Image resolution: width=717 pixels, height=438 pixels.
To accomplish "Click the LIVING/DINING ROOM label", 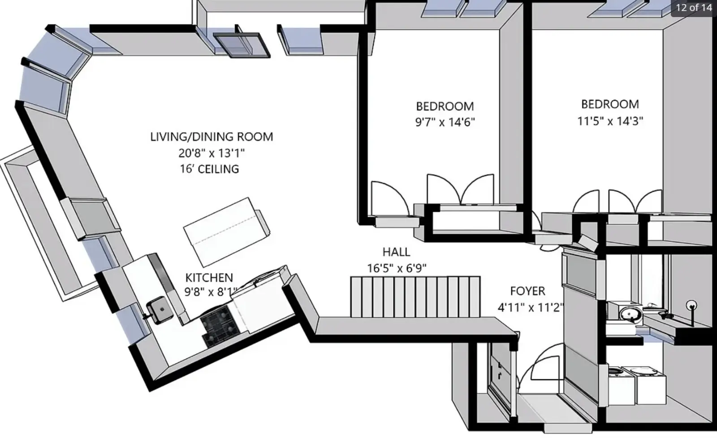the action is pyautogui.click(x=212, y=137).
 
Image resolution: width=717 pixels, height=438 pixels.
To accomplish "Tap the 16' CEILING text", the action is pyautogui.click(x=209, y=169).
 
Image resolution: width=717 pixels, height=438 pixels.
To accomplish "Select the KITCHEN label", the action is pyautogui.click(x=209, y=277).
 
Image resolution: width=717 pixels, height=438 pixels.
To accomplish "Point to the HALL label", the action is pyautogui.click(x=396, y=252).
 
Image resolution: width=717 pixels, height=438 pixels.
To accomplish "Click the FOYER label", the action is pyautogui.click(x=527, y=291).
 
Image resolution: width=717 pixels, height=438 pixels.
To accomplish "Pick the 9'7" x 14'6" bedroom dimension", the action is pyautogui.click(x=445, y=122).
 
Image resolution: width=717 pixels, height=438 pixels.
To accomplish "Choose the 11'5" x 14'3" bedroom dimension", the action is pyautogui.click(x=610, y=121).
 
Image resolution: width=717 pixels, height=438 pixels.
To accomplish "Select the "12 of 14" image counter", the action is pyautogui.click(x=694, y=7).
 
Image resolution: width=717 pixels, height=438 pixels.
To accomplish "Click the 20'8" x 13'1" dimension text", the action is pyautogui.click(x=212, y=153).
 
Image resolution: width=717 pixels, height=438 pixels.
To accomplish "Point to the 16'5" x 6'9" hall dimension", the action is pyautogui.click(x=396, y=268).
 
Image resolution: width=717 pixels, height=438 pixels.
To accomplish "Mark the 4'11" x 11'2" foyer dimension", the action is pyautogui.click(x=530, y=307).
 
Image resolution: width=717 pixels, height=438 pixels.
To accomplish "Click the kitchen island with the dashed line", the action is pyautogui.click(x=227, y=232).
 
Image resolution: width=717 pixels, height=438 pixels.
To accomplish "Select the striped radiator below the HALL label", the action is pyautogui.click(x=415, y=297).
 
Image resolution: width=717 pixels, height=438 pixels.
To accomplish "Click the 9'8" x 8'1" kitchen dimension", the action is pyautogui.click(x=211, y=292).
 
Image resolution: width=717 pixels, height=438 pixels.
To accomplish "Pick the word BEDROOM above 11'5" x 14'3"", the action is pyautogui.click(x=610, y=105).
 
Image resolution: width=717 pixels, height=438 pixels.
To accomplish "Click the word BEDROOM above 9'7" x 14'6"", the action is pyautogui.click(x=445, y=106).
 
